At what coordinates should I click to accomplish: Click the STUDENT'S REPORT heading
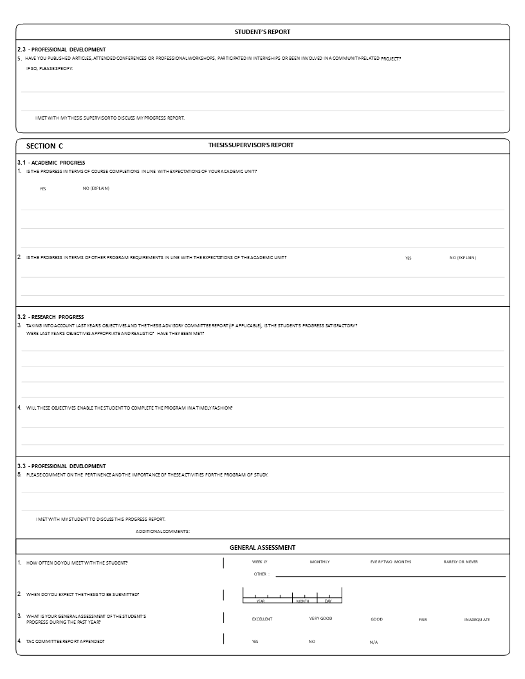click(262, 32)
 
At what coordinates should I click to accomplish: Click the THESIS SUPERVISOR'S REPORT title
click(251, 145)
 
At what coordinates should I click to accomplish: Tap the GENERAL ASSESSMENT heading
click(262, 548)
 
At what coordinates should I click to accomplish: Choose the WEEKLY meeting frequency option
click(259, 562)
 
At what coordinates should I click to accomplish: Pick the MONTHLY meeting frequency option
click(319, 562)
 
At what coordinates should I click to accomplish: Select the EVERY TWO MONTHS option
click(391, 562)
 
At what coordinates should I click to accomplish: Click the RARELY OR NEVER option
click(461, 562)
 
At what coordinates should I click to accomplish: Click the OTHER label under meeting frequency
click(261, 574)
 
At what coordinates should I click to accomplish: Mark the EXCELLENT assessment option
click(262, 619)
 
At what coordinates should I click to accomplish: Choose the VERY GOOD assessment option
click(320, 619)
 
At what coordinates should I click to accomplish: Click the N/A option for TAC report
click(374, 642)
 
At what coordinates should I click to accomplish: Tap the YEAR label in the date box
click(261, 601)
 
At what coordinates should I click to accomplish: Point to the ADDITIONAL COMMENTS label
click(163, 531)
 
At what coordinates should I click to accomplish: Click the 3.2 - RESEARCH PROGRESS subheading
click(50, 317)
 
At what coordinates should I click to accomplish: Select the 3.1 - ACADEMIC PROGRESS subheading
click(51, 163)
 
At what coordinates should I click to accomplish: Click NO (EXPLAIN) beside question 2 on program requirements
click(463, 257)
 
